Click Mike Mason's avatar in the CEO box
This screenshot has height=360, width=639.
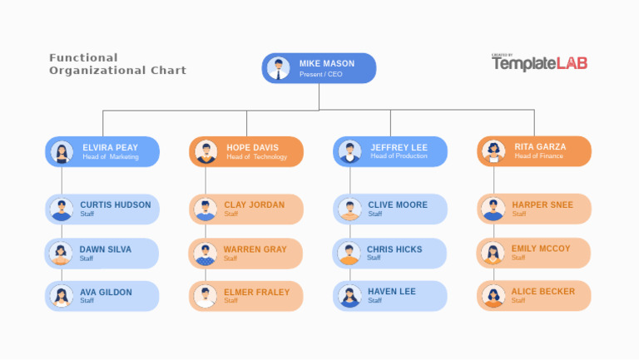pyautogui.click(x=279, y=67)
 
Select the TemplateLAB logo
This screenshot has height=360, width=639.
pyautogui.click(x=538, y=62)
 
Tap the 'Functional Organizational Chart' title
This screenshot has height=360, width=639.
pyautogui.click(x=117, y=64)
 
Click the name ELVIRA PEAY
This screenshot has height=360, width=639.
pyautogui.click(x=110, y=147)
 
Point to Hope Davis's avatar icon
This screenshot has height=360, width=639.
pyautogui.click(x=206, y=152)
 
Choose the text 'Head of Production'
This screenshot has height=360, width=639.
pyautogui.click(x=399, y=156)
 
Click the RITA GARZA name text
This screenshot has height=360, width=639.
pyautogui.click(x=539, y=146)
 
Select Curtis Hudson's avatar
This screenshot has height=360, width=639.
pyautogui.click(x=62, y=209)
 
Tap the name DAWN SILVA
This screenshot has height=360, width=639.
pyautogui.click(x=105, y=249)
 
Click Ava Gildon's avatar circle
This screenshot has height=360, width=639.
pyautogui.click(x=62, y=296)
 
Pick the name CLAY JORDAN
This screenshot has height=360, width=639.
pyautogui.click(x=254, y=205)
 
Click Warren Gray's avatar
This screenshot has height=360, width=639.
pyautogui.click(x=205, y=254)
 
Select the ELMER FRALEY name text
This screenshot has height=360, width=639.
pyautogui.click(x=256, y=292)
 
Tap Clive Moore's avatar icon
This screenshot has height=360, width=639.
pyautogui.click(x=349, y=209)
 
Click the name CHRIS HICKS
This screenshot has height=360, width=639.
pyautogui.click(x=394, y=249)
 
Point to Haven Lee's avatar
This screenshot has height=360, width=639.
pyautogui.click(x=349, y=296)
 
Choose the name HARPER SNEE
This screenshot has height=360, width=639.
pyautogui.click(x=542, y=205)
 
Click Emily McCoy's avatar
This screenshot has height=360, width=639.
pyautogui.click(x=493, y=253)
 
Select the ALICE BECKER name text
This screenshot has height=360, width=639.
pyautogui.click(x=542, y=291)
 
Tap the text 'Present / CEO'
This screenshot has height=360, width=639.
pyautogui.click(x=320, y=75)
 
